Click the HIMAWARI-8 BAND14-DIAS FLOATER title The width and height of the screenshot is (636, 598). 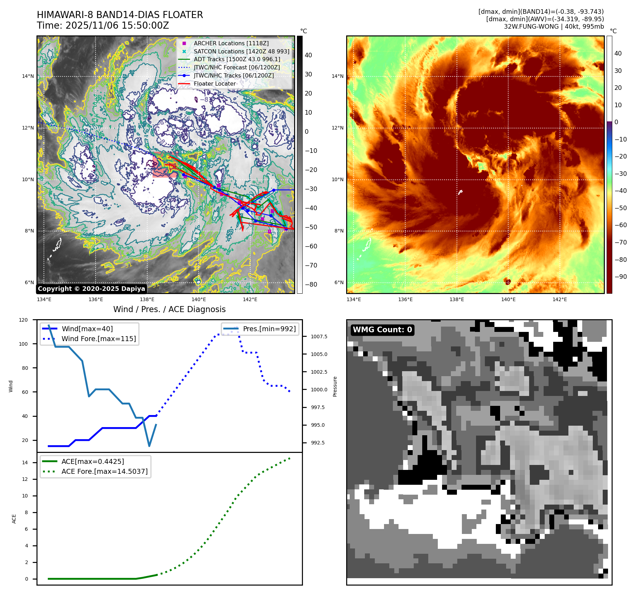(120, 15)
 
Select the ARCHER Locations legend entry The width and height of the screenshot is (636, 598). (231, 43)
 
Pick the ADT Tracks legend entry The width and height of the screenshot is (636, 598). (237, 59)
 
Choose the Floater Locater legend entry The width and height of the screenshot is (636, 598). (214, 84)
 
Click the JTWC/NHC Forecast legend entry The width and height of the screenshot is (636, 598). (236, 68)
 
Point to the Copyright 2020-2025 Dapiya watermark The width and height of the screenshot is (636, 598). (91, 289)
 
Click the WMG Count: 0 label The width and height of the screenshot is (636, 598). (382, 330)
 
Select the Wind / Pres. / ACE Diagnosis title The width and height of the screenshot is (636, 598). (169, 309)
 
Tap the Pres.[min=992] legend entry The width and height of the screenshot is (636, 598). (269, 329)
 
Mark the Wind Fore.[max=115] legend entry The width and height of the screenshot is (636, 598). (98, 339)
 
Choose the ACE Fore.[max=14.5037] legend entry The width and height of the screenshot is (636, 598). (104, 471)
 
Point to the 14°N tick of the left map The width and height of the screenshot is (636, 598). (28, 76)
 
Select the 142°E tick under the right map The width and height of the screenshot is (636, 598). (560, 299)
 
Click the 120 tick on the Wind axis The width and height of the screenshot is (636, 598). (23, 320)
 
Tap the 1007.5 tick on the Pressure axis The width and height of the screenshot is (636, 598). (319, 337)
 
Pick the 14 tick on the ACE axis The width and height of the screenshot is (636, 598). (25, 462)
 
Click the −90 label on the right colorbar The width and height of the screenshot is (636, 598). (620, 277)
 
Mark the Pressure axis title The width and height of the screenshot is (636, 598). (335, 386)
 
